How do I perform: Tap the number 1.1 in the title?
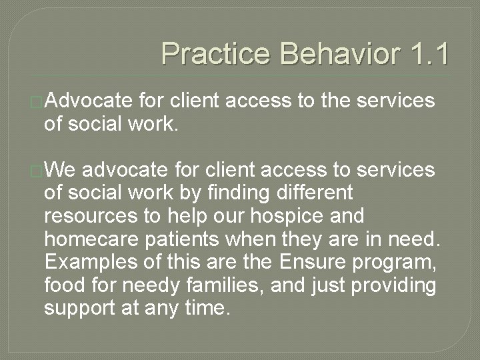(x=426, y=53)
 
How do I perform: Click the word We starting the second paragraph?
(x=61, y=171)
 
